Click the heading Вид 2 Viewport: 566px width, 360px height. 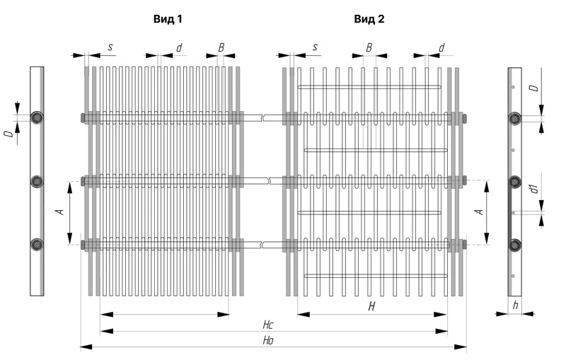coord(369,19)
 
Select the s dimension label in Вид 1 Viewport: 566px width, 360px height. coord(110,47)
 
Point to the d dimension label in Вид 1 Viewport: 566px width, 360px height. coord(179,47)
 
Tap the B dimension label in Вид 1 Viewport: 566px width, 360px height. coord(221,47)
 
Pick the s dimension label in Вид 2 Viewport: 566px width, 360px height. coord(315,47)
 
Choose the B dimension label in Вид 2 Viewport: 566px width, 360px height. coord(369,47)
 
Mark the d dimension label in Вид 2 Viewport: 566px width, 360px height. coord(441,47)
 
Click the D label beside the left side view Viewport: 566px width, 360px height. coord(8,133)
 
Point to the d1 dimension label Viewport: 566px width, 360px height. coord(535,188)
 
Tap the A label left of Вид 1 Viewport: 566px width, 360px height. coord(60,211)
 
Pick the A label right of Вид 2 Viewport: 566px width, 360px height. coord(478,211)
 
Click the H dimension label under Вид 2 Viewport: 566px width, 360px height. coord(371,306)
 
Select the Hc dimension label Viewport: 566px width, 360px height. coord(268,325)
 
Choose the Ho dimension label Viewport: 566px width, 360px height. coord(268,341)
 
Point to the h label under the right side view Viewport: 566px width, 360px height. coord(515,306)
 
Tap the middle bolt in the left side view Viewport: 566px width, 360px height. coord(37,181)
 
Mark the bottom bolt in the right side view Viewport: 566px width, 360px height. coord(515,245)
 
